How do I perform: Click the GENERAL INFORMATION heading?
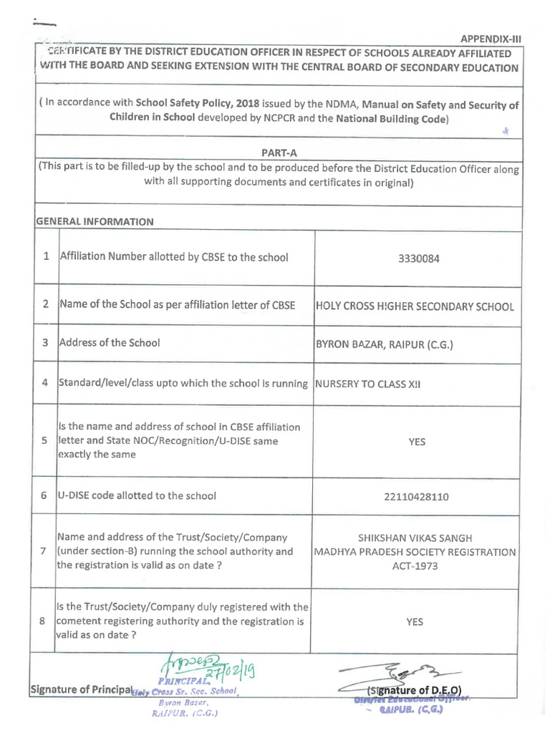(95, 221)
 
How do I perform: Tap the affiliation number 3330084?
(418, 258)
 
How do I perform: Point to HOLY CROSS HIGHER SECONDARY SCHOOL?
(415, 306)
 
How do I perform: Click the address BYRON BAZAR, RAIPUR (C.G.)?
(385, 345)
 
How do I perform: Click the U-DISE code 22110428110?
(416, 496)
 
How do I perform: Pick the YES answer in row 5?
(416, 442)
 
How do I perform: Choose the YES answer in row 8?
(415, 622)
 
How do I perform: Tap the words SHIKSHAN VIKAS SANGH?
(415, 538)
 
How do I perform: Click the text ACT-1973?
(415, 566)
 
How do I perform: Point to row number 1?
(46, 256)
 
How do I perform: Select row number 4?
(44, 382)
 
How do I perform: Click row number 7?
(44, 551)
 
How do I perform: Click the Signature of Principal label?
(80, 690)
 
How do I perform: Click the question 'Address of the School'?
(109, 343)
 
